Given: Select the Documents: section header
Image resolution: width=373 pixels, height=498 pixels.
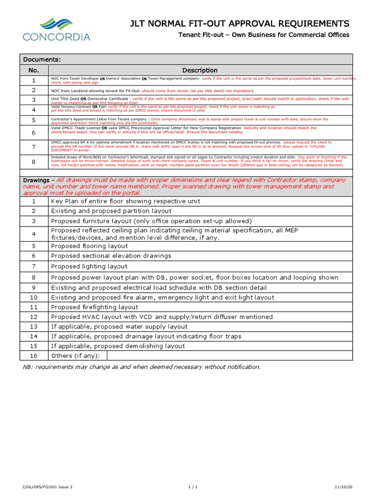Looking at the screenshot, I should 42,59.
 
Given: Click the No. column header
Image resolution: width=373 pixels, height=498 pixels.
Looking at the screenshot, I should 34,70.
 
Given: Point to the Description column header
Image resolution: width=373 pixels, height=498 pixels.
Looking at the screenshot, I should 200,70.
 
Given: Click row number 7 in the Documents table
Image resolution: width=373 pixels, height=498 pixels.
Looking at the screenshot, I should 34,147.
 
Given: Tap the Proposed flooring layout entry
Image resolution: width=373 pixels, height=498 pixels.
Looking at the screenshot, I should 89,246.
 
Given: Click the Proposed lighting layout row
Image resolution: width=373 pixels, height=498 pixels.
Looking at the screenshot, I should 89,267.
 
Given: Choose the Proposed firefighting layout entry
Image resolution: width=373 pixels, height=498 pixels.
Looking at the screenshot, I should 95,307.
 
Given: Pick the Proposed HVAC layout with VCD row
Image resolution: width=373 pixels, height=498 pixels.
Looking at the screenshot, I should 162,317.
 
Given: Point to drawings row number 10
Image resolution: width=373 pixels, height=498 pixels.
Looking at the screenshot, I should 34,297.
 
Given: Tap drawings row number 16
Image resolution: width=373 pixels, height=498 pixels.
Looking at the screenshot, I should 34,356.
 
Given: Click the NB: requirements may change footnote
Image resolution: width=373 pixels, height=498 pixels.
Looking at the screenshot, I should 142,367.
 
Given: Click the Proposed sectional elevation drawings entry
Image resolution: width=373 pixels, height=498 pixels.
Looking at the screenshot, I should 111,256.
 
